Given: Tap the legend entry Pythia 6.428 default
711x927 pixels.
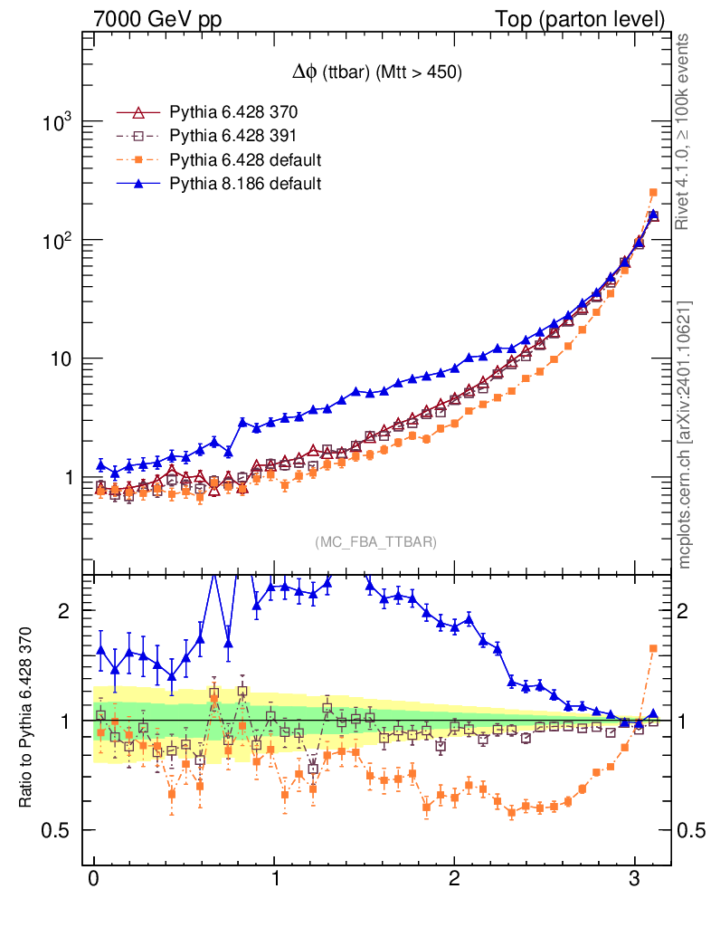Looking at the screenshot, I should tap(245, 160).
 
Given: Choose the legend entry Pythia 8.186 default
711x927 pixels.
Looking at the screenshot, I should tap(245, 184).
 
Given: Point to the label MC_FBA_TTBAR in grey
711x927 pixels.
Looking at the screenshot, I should tap(376, 542).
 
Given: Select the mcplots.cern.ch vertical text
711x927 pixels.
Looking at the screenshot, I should tap(685, 434).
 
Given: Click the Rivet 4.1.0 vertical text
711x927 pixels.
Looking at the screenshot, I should tap(685, 130).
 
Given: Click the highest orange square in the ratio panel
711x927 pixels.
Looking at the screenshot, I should tap(653, 648).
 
